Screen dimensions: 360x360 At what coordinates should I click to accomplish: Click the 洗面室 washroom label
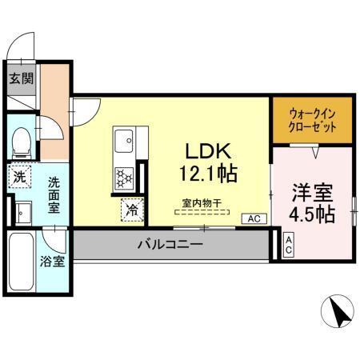pyautogui.click(x=53, y=195)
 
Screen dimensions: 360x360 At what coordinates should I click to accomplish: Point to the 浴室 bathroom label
pyautogui.click(x=53, y=261)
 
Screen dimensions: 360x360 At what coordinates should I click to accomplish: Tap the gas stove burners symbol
pyautogui.click(x=124, y=176)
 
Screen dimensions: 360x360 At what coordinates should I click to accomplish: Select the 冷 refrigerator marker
pyautogui.click(x=131, y=210)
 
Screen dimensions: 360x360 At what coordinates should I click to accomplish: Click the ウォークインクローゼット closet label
pyautogui.click(x=312, y=121)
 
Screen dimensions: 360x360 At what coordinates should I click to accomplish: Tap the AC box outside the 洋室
pyautogui.click(x=288, y=244)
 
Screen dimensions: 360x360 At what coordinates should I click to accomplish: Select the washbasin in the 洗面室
pyautogui.click(x=22, y=212)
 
